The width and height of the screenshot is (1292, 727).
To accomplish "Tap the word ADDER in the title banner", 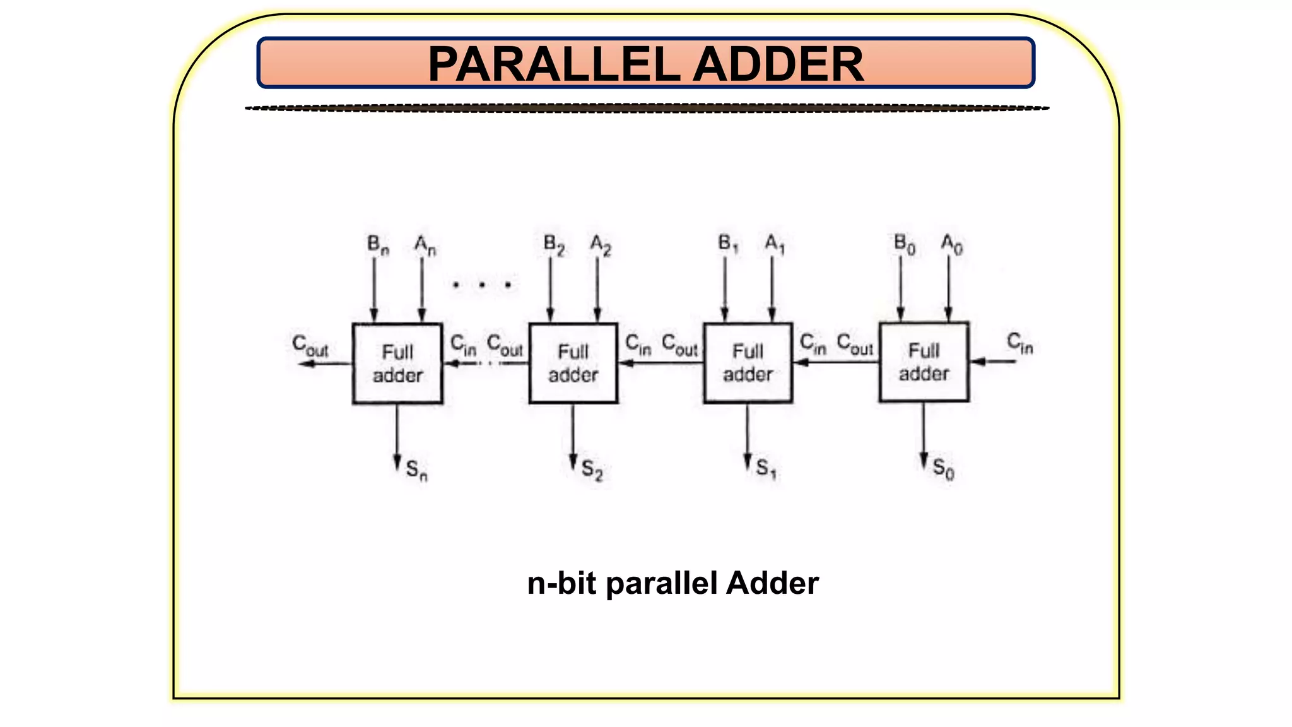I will (x=778, y=64).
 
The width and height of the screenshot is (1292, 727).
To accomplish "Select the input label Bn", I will (x=378, y=245).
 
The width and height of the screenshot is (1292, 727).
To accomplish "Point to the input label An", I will (x=425, y=245).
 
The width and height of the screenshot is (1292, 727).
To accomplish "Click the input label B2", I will (x=554, y=245).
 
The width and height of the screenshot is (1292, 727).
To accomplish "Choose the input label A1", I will (x=775, y=244).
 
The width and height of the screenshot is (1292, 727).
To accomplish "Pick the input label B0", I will (x=904, y=244).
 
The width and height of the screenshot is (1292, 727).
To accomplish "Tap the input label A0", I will (x=951, y=244).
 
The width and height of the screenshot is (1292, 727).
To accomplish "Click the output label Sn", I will (x=416, y=470).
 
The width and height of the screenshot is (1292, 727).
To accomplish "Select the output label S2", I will (x=592, y=470).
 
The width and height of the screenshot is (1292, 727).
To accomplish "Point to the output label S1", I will (x=766, y=469).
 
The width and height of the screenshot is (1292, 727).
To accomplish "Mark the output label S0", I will (x=943, y=469).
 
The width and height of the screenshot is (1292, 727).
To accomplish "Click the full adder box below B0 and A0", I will (x=924, y=362).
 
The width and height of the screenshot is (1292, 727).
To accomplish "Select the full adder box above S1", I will (x=748, y=363).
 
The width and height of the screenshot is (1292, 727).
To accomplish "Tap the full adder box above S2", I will (x=573, y=363).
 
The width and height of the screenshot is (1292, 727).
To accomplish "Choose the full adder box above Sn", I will (x=397, y=363).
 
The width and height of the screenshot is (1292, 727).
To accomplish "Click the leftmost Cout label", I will (x=310, y=346).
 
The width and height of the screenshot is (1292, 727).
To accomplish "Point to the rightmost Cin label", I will (x=1019, y=343).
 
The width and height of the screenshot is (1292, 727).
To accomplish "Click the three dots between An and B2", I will (x=482, y=285).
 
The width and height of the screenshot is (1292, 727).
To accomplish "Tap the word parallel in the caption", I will (x=662, y=584).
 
